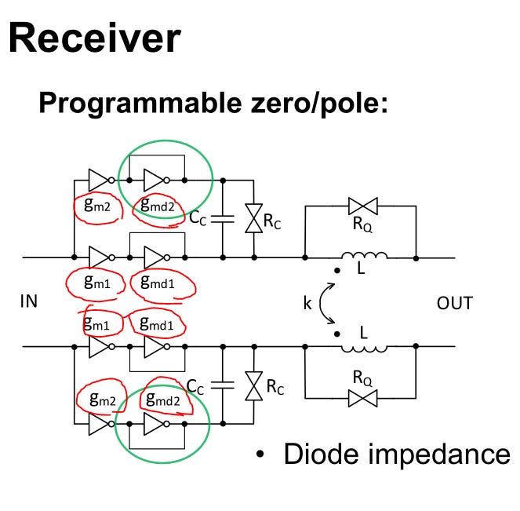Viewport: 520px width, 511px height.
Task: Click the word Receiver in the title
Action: pos(95,38)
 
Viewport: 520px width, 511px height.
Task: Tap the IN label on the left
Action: pos(28,302)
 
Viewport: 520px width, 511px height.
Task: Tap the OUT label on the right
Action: pos(455,302)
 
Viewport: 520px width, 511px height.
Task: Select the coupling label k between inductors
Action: pos(307,302)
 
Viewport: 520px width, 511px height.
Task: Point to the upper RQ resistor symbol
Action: pos(363,206)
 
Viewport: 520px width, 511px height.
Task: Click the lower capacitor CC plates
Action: pos(224,385)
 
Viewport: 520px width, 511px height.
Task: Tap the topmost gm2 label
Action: pos(98,205)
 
